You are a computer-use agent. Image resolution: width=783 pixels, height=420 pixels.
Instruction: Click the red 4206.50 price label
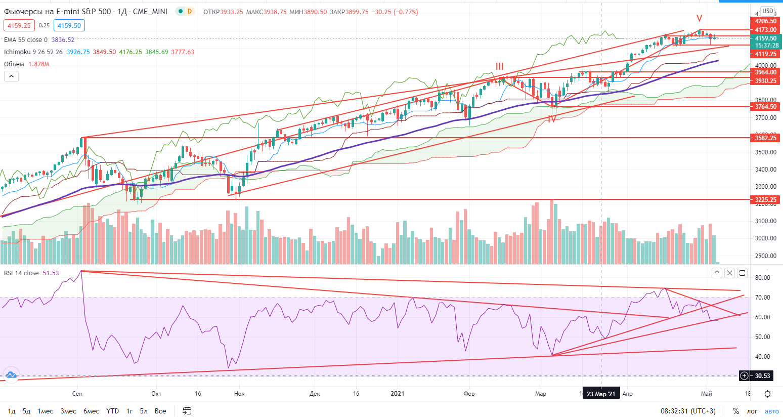[765, 21]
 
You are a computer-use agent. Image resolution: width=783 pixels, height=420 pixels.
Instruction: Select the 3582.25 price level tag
[765, 138]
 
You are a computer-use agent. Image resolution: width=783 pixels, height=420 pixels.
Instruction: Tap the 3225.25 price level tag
[765, 200]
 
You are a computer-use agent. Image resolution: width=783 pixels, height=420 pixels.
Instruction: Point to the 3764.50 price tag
[765, 107]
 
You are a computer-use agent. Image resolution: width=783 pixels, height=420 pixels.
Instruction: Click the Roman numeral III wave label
[499, 66]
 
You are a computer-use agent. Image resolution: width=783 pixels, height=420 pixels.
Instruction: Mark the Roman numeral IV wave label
[551, 119]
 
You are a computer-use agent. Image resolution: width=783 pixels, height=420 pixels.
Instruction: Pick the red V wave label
[699, 19]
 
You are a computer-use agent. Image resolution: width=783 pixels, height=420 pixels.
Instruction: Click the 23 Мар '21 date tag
[601, 394]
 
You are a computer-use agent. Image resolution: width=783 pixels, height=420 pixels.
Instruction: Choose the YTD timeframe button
[113, 411]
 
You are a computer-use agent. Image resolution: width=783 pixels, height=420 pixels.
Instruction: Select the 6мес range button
[91, 411]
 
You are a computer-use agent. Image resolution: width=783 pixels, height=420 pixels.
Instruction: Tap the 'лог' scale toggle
[752, 411]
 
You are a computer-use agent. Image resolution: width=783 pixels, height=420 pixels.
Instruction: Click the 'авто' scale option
[771, 411]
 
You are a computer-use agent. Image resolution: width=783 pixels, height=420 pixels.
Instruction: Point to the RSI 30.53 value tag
[762, 375]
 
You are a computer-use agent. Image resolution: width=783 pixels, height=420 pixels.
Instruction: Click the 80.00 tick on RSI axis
[762, 278]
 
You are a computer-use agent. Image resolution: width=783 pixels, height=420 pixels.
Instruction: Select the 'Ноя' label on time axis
[239, 394]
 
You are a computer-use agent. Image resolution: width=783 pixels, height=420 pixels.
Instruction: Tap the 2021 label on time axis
[398, 394]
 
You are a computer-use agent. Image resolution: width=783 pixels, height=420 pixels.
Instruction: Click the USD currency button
[767, 11]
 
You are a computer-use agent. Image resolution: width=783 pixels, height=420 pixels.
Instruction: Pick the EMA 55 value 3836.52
[63, 40]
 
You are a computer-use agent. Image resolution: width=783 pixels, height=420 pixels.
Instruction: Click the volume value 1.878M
[39, 64]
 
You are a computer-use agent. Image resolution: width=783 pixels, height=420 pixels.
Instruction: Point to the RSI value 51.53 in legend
[51, 273]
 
